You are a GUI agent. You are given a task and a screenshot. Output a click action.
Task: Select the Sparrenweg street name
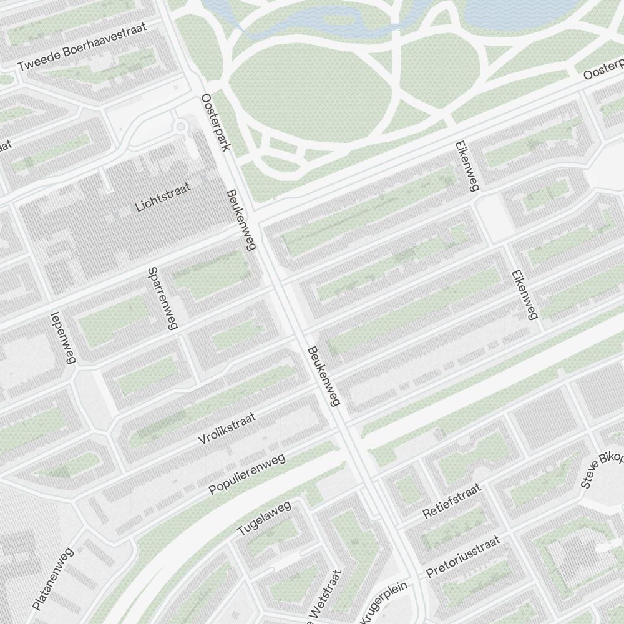163,298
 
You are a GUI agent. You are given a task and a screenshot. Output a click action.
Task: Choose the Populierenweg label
247,474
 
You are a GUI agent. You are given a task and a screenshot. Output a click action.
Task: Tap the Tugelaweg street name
265,517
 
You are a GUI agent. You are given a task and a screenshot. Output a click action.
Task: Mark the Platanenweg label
53,578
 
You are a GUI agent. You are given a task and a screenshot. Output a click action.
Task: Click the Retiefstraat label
452,500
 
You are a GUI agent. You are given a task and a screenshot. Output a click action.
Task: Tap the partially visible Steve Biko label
602,468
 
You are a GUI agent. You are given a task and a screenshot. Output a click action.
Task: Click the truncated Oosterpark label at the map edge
604,70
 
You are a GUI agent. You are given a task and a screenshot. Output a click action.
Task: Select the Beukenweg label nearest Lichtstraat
241,220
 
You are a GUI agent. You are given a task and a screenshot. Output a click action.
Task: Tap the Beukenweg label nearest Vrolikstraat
323,377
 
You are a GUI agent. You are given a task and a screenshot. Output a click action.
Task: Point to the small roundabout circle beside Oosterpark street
181,127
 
